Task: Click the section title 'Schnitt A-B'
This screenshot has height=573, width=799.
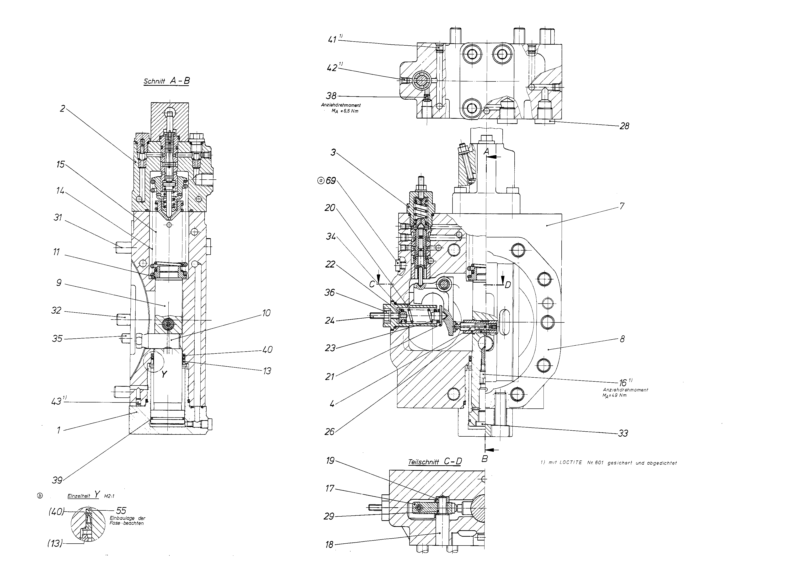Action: pyautogui.click(x=167, y=81)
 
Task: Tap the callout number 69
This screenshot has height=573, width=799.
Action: pyautogui.click(x=331, y=181)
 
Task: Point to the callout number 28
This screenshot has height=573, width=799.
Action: pyautogui.click(x=624, y=126)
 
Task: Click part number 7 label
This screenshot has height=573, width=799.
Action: pyautogui.click(x=622, y=206)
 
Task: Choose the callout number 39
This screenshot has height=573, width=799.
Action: pyautogui.click(x=57, y=480)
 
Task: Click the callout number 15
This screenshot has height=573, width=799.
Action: pyautogui.click(x=61, y=164)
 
